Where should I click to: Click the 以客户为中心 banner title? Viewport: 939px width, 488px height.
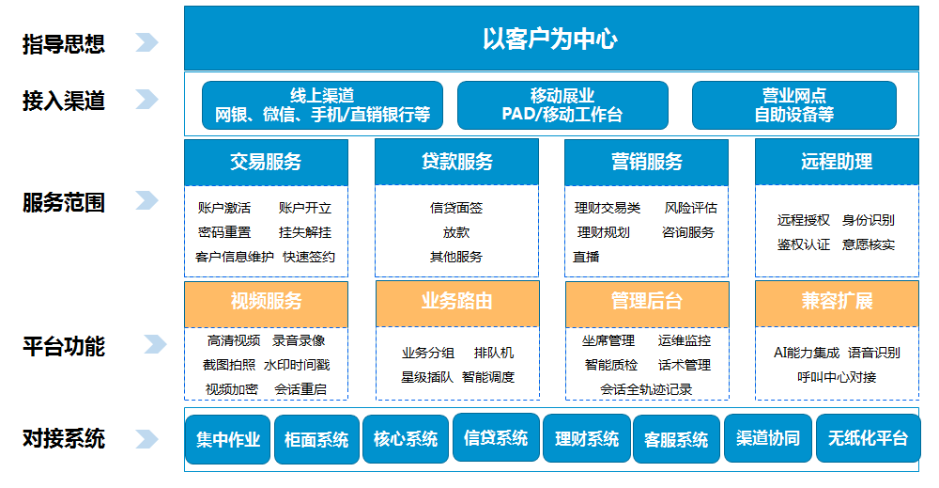click(549, 39)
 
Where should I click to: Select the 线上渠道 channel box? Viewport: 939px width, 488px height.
click(322, 105)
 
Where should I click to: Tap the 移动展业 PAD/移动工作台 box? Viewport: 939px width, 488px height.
click(562, 105)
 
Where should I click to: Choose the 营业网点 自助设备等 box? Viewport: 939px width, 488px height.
click(794, 105)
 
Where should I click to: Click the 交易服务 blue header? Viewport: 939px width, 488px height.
click(266, 162)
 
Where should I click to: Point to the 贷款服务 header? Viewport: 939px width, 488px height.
click(456, 162)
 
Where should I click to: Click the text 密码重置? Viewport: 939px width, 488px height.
click(224, 232)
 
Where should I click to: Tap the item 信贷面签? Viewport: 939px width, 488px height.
click(456, 208)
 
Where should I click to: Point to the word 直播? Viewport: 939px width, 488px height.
click(586, 258)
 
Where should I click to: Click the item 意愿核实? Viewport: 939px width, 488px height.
click(869, 244)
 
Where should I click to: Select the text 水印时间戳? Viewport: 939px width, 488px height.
click(297, 365)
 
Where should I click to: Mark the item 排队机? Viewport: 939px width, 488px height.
click(494, 354)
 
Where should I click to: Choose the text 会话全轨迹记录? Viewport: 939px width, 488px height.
click(646, 389)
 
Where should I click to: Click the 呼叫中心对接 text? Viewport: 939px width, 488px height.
click(837, 377)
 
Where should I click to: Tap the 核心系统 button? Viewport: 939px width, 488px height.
click(406, 439)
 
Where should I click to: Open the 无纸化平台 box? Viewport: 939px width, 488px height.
click(868, 438)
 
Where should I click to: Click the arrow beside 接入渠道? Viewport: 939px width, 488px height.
click(146, 99)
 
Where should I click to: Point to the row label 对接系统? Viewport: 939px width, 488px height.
click(64, 439)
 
